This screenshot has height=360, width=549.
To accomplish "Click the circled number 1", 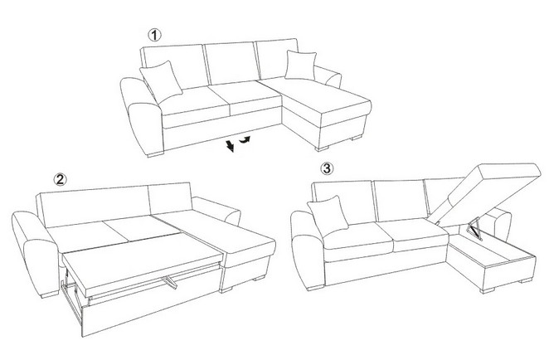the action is [154, 35].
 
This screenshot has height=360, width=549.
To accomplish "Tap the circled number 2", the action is [60, 179].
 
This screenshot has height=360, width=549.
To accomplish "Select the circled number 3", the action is [327, 168].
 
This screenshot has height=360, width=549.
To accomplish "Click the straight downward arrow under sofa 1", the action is [230, 145].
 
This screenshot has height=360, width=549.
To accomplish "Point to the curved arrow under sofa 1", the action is [245, 140].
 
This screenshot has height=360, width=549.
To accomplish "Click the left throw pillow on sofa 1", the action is [162, 82].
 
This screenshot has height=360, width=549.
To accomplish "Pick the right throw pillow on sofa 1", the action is [300, 66].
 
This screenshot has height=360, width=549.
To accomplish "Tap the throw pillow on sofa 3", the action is [328, 216].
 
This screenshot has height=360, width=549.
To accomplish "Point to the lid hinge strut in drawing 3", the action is [474, 229].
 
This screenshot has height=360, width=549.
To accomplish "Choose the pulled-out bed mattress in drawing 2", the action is [142, 262].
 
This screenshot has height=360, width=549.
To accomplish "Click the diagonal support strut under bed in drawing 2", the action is [169, 282].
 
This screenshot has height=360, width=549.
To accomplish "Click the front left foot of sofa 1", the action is [155, 153].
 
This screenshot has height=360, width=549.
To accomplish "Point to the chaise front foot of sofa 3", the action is [488, 290].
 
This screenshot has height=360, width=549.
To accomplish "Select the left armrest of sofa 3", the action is [309, 249].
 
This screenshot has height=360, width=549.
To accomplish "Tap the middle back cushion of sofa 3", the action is [401, 200].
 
